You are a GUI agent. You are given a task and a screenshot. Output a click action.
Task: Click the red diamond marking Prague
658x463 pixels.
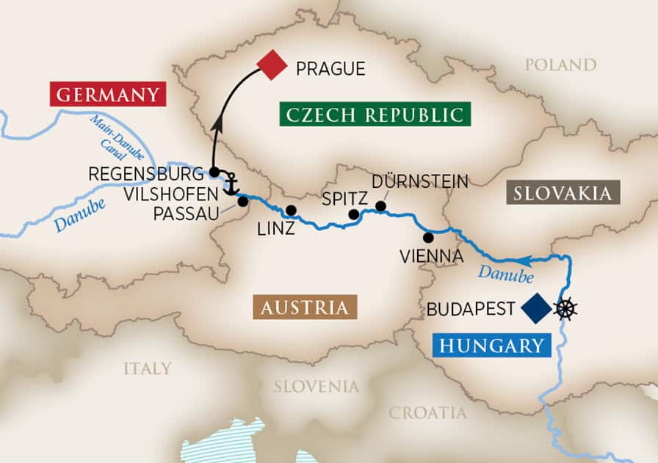click(x=271, y=65)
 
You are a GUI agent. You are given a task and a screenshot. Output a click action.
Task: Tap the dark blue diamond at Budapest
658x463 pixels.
click(x=535, y=308)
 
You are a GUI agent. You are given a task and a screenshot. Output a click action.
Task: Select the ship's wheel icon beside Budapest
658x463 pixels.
click(x=565, y=308)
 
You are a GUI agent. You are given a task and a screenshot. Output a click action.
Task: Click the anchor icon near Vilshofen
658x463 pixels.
click(x=231, y=183)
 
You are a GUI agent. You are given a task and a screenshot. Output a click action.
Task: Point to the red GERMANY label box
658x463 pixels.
click(x=108, y=95)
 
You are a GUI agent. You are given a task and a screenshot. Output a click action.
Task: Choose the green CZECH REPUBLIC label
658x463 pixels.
click(x=375, y=114)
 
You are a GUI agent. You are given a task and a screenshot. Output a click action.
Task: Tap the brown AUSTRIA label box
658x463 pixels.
click(x=304, y=307)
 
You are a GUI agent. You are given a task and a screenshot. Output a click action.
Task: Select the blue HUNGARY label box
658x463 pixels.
click(x=491, y=345)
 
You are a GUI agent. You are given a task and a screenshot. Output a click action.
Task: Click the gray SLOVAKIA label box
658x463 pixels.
click(x=563, y=193)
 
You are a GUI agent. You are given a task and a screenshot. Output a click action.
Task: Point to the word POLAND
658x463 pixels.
click(x=560, y=65)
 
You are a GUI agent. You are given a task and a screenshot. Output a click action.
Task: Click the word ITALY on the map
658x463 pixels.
click(x=147, y=368)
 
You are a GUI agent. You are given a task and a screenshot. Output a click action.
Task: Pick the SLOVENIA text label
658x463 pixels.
click(x=317, y=386)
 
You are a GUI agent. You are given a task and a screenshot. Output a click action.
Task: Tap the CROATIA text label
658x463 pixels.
click(x=427, y=412)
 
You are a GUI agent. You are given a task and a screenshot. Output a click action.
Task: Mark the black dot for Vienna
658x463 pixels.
click(x=428, y=237)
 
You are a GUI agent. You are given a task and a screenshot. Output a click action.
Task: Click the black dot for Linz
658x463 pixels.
click(x=291, y=211)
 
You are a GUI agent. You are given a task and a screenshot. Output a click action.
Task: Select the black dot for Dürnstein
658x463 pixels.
click(x=380, y=205)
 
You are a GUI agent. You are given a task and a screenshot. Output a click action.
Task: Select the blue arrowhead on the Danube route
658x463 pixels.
click(x=526, y=260)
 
